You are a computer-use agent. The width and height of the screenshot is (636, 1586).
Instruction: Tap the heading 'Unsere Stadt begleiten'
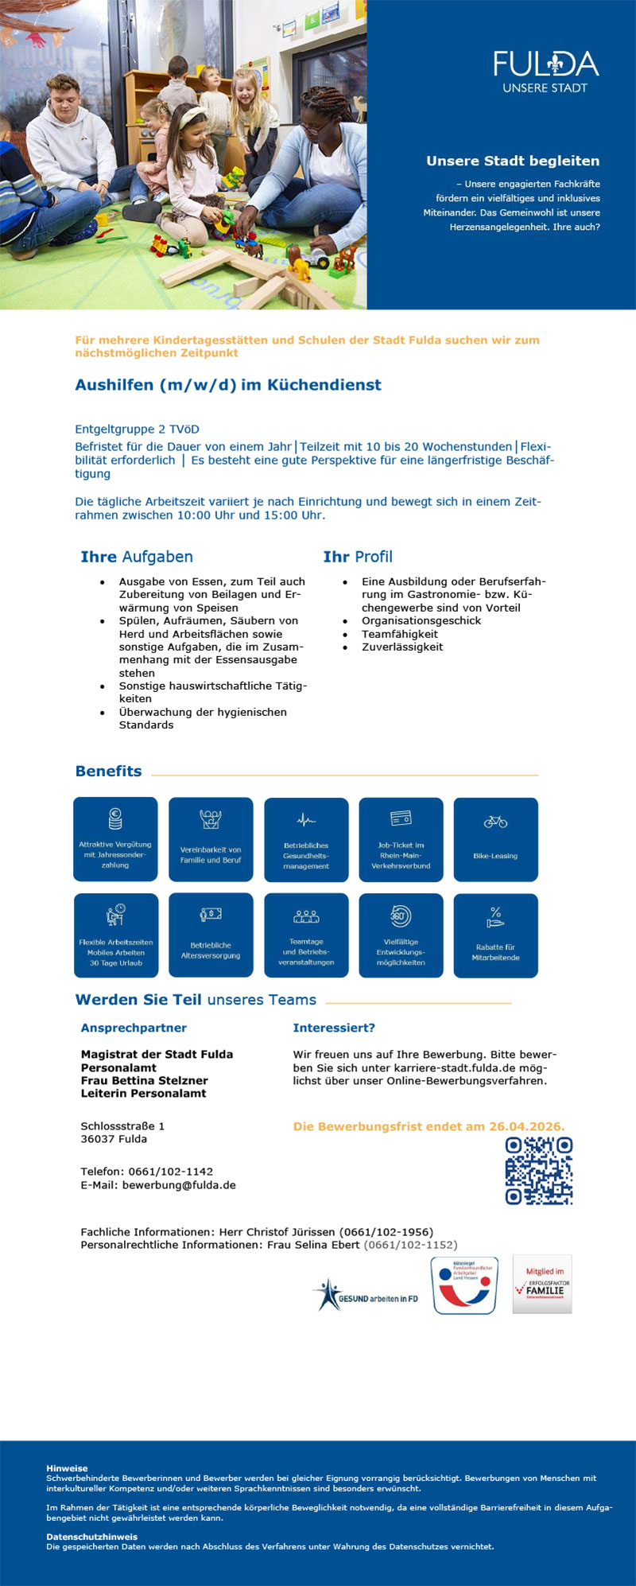(513, 161)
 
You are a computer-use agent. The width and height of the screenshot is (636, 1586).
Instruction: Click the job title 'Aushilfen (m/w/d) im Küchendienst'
(228, 385)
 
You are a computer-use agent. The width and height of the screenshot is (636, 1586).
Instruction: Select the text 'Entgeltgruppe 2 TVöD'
(137, 429)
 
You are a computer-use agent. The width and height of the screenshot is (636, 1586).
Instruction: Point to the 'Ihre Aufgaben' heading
(137, 557)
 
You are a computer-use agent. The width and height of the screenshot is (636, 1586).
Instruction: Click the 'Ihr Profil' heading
(358, 557)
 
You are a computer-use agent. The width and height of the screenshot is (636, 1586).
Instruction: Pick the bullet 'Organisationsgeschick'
(421, 620)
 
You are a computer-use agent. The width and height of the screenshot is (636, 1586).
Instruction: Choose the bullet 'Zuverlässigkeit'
(402, 647)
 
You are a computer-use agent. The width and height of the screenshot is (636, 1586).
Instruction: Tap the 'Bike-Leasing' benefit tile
(495, 839)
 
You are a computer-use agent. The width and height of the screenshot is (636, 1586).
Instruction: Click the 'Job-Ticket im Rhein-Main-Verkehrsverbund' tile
(401, 839)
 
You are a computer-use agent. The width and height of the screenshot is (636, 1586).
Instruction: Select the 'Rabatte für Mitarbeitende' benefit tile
(495, 935)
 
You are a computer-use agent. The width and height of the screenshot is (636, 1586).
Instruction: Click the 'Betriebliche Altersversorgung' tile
(211, 935)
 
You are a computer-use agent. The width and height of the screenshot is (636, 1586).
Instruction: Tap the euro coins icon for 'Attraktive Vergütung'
(115, 818)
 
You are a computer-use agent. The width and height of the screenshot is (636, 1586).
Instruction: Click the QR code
(539, 1170)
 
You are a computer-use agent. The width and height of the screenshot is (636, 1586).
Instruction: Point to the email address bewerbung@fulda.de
(179, 1184)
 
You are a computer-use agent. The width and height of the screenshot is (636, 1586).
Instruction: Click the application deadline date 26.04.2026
(526, 1126)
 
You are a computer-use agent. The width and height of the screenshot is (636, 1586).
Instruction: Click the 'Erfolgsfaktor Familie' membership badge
(542, 1285)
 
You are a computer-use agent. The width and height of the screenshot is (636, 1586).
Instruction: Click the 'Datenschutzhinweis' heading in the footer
(92, 1537)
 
